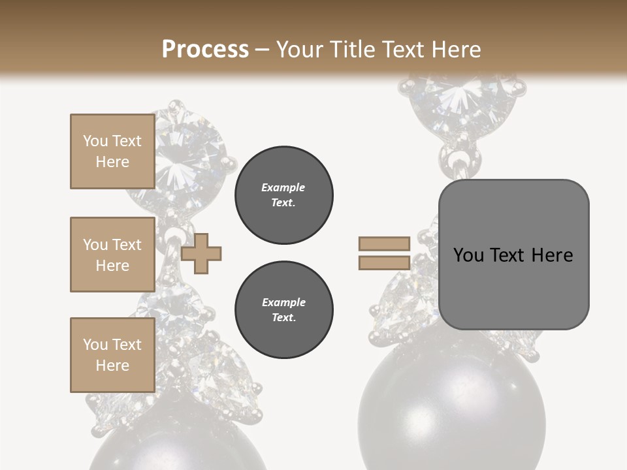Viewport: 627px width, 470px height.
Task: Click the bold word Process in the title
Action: point(205,49)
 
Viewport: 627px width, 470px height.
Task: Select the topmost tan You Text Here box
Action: point(112,151)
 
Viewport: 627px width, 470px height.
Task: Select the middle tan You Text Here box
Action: point(112,255)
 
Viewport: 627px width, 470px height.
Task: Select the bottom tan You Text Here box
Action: point(112,354)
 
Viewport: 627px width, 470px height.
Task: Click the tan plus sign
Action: point(201,253)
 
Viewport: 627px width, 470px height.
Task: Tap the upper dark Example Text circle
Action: point(284,195)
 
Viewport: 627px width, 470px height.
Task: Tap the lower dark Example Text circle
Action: point(284,310)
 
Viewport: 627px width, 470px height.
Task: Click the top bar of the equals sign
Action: point(384,244)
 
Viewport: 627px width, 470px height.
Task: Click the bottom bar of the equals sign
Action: point(384,263)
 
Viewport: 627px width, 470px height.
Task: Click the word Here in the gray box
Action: point(552,255)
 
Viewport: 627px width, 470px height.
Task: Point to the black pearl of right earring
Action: point(451,411)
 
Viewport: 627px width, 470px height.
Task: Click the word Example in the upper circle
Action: point(283,187)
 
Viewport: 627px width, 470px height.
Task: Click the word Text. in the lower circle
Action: point(284,318)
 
